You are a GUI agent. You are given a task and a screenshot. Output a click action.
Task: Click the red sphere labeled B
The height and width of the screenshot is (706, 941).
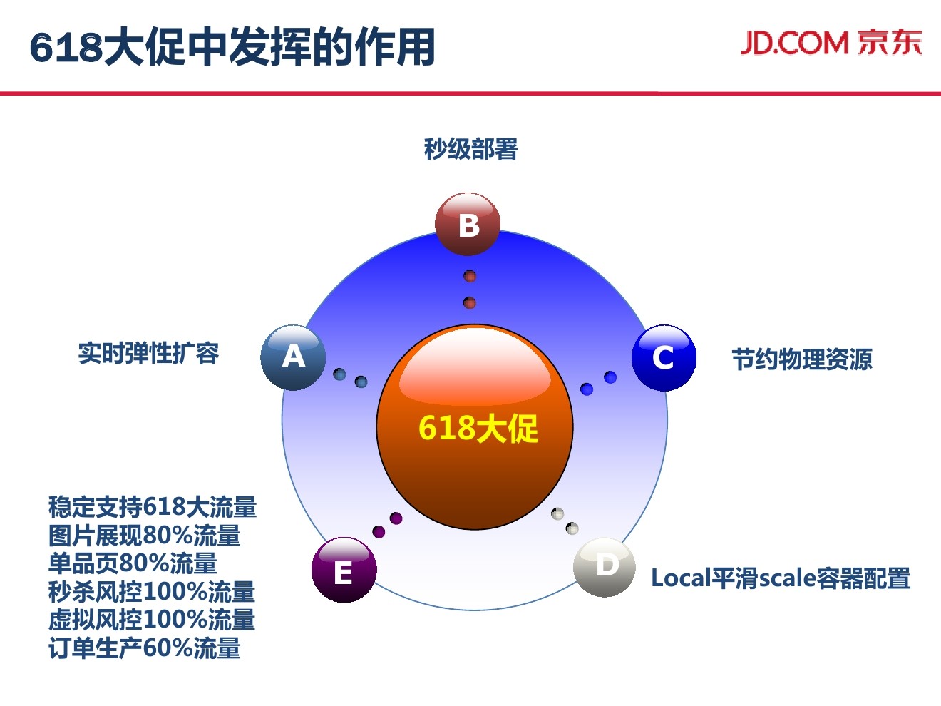click(x=468, y=224)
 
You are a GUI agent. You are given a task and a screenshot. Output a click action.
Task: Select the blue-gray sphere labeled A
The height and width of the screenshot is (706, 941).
click(x=293, y=357)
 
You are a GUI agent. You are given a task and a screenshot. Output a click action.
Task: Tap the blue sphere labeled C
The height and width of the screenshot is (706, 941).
click(x=664, y=358)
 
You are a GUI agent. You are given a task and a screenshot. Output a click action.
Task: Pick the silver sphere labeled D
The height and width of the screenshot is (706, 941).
click(x=605, y=567)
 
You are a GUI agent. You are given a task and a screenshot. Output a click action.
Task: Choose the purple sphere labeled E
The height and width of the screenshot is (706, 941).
click(x=344, y=571)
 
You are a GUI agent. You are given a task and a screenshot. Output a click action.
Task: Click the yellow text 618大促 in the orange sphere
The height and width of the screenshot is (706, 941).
click(x=478, y=429)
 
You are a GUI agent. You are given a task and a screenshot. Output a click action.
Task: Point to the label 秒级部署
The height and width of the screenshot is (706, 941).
click(x=470, y=149)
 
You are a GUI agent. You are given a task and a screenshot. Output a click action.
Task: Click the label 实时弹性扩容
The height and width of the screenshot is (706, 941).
click(x=148, y=353)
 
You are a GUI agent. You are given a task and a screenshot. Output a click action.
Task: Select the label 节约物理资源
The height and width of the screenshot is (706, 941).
click(x=802, y=359)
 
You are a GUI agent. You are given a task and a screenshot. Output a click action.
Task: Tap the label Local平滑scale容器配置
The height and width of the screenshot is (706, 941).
click(x=781, y=578)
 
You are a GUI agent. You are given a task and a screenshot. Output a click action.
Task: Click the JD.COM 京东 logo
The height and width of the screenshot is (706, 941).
click(x=831, y=43)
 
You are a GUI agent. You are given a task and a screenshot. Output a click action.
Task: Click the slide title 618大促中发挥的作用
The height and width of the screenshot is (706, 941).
click(x=232, y=47)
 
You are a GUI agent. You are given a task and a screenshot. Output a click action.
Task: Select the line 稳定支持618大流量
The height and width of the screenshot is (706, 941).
click(x=153, y=507)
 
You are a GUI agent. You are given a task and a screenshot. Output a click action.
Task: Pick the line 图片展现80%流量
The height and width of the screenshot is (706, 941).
click(x=145, y=536)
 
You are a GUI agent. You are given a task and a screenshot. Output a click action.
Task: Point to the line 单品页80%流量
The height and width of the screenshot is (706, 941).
click(x=133, y=563)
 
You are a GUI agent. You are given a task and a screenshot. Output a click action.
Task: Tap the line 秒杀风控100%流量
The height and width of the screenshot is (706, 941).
click(x=152, y=592)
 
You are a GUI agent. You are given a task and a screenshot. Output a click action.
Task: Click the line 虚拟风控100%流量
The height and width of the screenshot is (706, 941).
click(x=152, y=620)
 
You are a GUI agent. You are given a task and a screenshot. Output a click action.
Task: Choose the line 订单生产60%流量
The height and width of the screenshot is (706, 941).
click(x=145, y=648)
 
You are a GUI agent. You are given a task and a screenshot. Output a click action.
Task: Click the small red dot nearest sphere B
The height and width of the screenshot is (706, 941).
click(x=470, y=276)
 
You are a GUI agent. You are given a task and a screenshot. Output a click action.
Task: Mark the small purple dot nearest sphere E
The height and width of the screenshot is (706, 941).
click(x=379, y=531)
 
